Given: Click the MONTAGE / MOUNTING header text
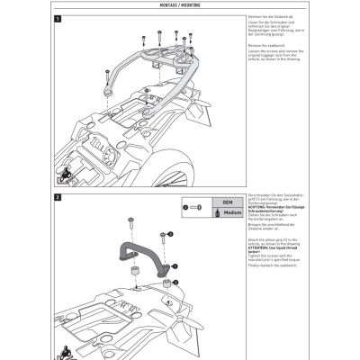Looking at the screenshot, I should coord(179,8).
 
